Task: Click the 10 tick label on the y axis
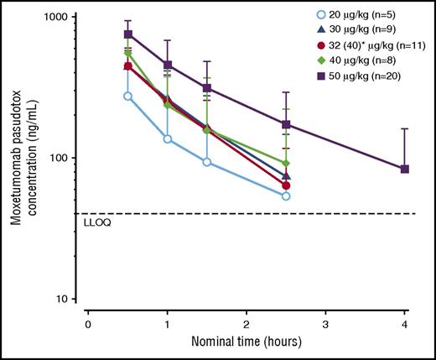(x=65, y=299)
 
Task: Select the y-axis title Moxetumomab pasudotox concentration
(x=17, y=158)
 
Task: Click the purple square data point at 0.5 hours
(x=128, y=34)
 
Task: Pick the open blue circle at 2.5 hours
(x=286, y=196)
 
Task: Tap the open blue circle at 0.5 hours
(x=128, y=96)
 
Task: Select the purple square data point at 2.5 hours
(x=286, y=124)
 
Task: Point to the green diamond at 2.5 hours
(x=286, y=163)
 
